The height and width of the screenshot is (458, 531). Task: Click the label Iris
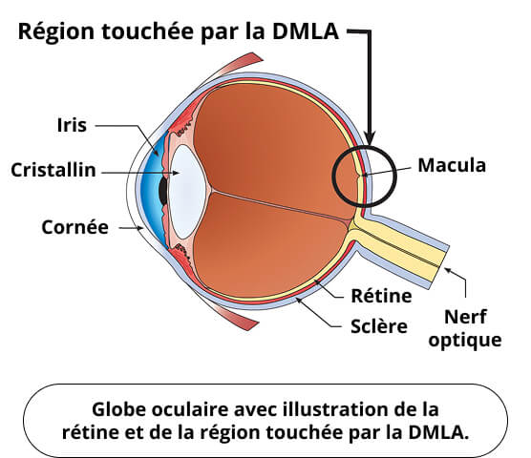(72, 125)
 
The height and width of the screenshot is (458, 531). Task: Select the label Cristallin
(53, 170)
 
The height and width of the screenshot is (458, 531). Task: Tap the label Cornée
(74, 227)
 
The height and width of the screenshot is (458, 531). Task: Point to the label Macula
(452, 165)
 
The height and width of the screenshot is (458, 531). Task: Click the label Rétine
(381, 296)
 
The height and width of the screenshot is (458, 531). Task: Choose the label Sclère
(379, 326)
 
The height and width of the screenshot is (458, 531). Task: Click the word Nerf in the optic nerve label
(465, 317)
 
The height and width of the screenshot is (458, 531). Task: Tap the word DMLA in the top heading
(305, 31)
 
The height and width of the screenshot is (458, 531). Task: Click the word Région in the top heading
(56, 32)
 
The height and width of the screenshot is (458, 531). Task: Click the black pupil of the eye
(163, 191)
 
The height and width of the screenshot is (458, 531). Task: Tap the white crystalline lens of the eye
(187, 192)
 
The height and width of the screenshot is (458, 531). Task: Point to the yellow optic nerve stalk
(399, 244)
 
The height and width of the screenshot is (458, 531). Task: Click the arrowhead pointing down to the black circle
(370, 139)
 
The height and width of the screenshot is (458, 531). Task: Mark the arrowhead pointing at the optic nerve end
(448, 270)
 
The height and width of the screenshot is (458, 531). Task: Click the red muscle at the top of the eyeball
(233, 68)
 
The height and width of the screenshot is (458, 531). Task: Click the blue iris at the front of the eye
(153, 191)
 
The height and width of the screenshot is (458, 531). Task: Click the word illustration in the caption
(344, 409)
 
